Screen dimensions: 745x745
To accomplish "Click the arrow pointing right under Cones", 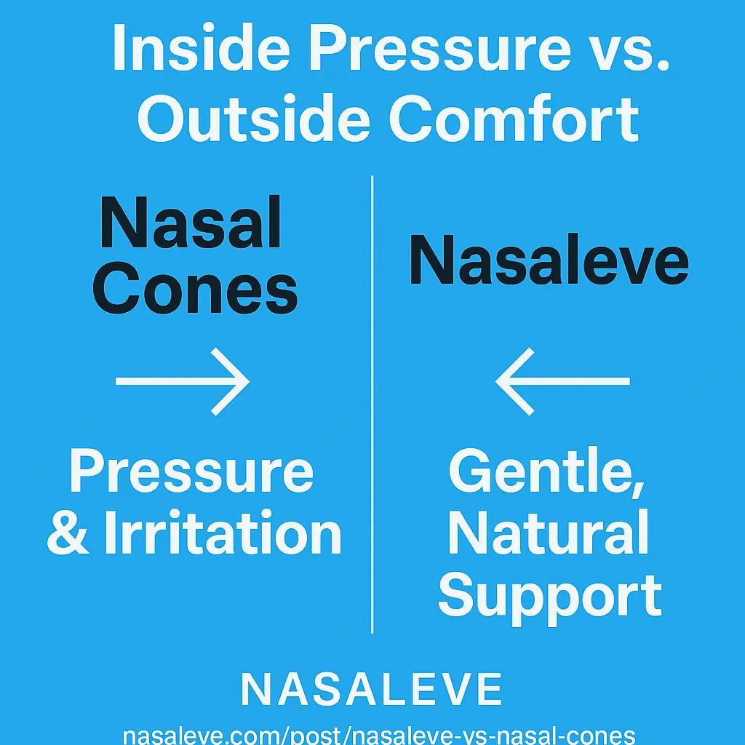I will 182,381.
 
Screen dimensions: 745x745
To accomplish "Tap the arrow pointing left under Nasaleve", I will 562,381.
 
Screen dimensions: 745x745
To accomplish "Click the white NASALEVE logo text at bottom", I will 372,688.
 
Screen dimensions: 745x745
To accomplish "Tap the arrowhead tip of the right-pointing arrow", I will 247,381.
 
